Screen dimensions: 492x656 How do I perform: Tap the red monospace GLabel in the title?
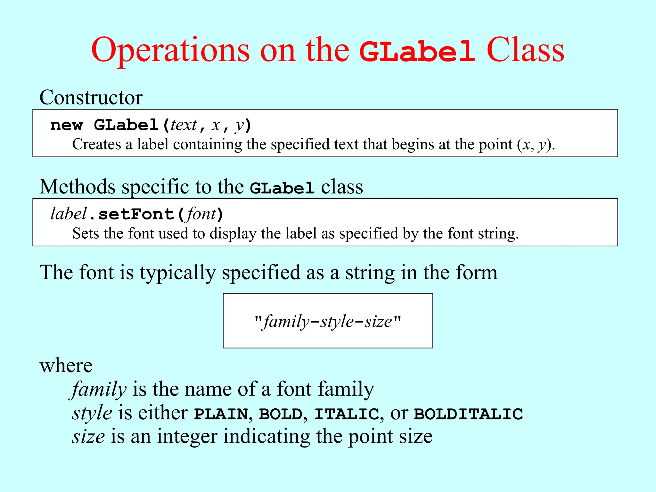(417, 51)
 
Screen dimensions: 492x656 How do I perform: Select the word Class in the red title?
(525, 51)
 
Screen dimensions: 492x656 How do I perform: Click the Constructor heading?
(91, 97)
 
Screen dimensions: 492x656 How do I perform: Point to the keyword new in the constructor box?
(67, 125)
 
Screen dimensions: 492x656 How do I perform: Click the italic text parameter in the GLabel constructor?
(184, 125)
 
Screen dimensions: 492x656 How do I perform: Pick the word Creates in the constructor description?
(96, 144)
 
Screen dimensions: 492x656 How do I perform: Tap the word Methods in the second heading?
(77, 187)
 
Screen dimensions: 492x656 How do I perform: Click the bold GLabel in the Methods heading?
(282, 188)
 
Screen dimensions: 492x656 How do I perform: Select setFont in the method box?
(136, 214)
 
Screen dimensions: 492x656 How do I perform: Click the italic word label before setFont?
(69, 214)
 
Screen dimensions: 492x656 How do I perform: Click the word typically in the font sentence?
(178, 273)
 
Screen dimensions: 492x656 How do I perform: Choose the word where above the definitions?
(66, 365)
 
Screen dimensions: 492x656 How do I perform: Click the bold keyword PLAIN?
(221, 414)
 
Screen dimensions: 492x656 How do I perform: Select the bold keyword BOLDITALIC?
(468, 414)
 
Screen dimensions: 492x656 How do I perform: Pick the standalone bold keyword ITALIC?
(347, 414)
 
